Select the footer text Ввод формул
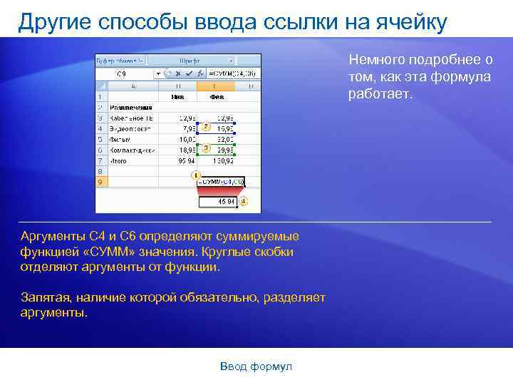point(256,366)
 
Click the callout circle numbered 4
point(243,202)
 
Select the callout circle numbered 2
point(205,127)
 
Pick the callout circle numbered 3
point(205,148)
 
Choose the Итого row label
point(119,161)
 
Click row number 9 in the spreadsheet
point(100,183)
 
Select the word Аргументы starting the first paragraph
point(53,236)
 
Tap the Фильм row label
point(119,140)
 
